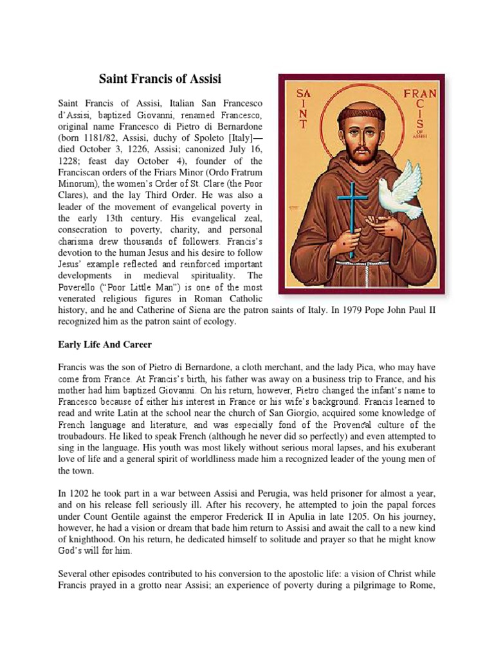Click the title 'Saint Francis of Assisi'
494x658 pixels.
coord(160,79)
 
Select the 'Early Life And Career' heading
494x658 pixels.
coord(105,344)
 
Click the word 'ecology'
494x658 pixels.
coord(219,321)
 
